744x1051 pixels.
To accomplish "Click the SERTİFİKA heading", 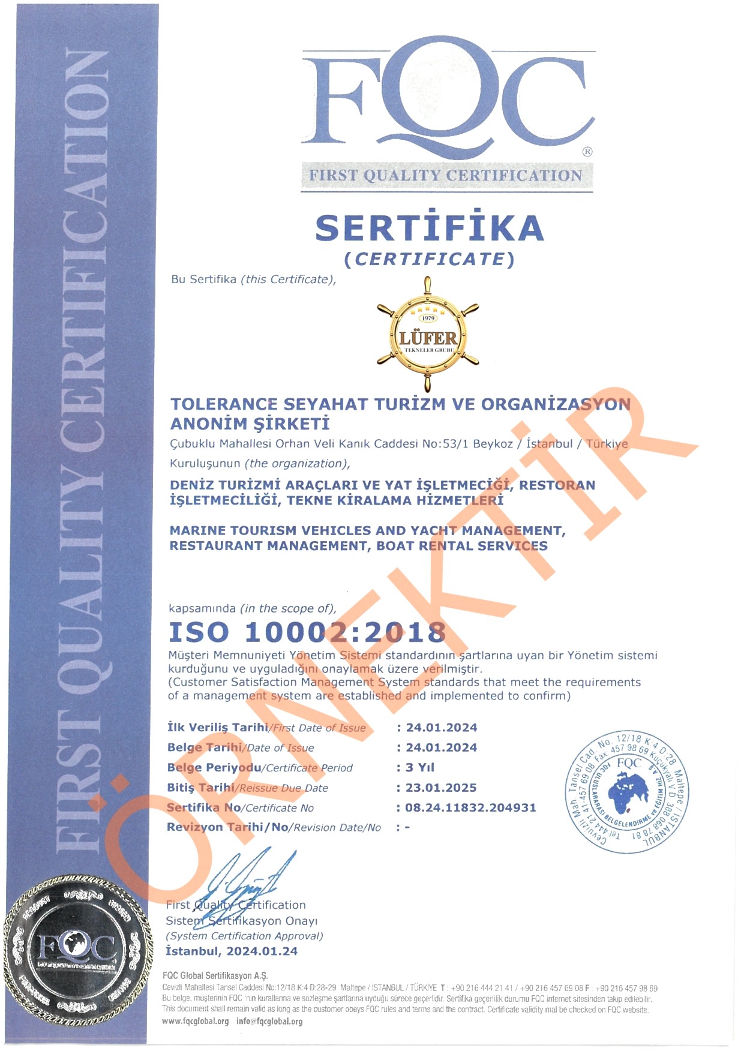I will click(x=430, y=229).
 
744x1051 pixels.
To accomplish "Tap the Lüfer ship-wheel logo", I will click(x=428, y=334).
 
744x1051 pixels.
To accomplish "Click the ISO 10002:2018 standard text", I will click(x=307, y=632).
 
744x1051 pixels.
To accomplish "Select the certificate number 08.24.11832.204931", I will click(x=470, y=807).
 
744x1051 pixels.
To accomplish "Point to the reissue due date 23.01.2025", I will click(x=441, y=788).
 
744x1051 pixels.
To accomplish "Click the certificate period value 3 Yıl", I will click(x=419, y=767).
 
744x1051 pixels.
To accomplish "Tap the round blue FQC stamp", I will click(x=628, y=792).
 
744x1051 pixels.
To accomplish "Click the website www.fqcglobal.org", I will click(x=196, y=1021).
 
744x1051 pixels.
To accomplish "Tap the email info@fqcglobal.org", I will click(x=269, y=1021).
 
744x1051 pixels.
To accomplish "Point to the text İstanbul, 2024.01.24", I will click(x=232, y=951).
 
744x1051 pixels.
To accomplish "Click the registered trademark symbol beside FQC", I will click(x=587, y=152).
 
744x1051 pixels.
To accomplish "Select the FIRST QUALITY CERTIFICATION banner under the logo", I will click(x=446, y=176).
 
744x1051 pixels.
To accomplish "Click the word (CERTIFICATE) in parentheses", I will click(x=430, y=259).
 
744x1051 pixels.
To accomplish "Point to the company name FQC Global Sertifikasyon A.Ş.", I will click(x=215, y=975).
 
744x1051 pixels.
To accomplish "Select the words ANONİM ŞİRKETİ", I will click(x=250, y=424).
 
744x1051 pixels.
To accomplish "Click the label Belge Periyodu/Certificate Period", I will click(x=260, y=768).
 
